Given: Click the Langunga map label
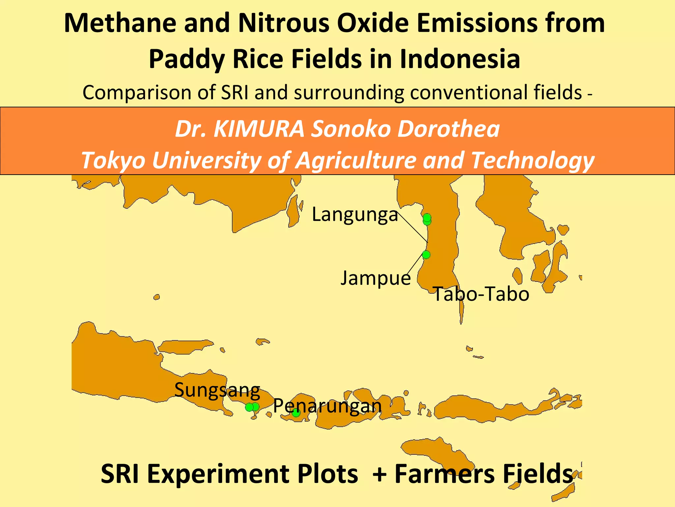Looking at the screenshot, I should tap(355, 215).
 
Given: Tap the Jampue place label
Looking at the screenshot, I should tap(376, 278).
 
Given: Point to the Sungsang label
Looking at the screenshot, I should tap(217, 390).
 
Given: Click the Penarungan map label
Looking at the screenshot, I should tap(327, 406).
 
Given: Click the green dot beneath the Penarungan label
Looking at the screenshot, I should tap(296, 413).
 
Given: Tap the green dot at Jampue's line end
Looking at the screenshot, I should tap(426, 254).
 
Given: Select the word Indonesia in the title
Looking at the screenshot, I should tap(460, 59).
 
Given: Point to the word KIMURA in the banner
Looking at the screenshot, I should tap(259, 129).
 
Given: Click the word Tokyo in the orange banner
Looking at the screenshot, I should tap(113, 160).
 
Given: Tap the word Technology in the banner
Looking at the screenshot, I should tap(533, 160).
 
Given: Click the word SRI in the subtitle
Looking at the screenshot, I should tap(234, 92).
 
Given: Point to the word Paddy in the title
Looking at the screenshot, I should tap(187, 59).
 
